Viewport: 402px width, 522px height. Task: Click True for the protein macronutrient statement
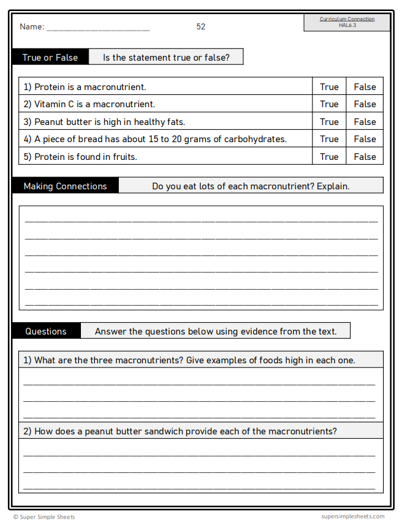[329, 87]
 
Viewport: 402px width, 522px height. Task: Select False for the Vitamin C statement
[365, 104]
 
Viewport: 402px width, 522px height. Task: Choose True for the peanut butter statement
[329, 122]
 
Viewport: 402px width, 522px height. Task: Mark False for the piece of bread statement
[365, 139]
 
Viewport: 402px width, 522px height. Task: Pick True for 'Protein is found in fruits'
[329, 157]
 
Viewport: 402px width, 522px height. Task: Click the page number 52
[201, 27]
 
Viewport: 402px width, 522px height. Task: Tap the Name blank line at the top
[98, 28]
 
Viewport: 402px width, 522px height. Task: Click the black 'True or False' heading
[50, 58]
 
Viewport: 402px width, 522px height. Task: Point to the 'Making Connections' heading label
[65, 186]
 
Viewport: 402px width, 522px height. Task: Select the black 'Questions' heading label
[46, 331]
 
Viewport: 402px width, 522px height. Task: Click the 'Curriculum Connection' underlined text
[347, 19]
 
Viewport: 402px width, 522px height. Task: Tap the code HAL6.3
[347, 25]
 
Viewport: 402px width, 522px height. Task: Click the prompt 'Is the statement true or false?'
[166, 58]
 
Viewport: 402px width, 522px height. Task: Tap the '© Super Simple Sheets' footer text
[44, 517]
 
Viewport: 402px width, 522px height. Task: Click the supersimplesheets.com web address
[352, 516]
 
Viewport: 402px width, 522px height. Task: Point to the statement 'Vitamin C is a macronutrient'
[94, 104]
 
